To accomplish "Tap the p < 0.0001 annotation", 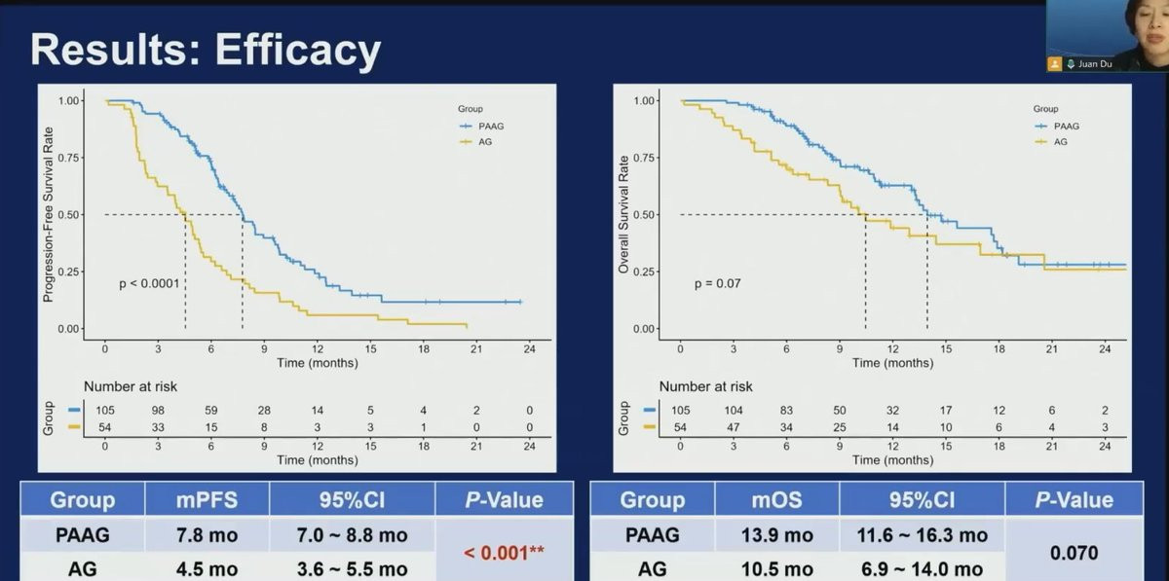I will point(152,283).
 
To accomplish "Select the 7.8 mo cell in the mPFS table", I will point(207,535).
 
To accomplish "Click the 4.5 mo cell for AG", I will point(207,568).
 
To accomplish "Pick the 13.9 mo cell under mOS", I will point(776,535).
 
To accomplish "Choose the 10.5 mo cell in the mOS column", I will point(776,568).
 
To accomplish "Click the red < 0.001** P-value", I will point(503,553).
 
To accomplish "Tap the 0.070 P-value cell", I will point(1073,553).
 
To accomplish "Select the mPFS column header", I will point(207,500).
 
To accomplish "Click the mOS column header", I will point(776,500).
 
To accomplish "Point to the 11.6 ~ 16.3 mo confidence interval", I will point(922,535).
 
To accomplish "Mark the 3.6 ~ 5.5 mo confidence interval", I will point(352,568).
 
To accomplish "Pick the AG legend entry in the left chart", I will point(481,142).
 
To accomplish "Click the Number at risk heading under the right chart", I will point(705,386).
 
